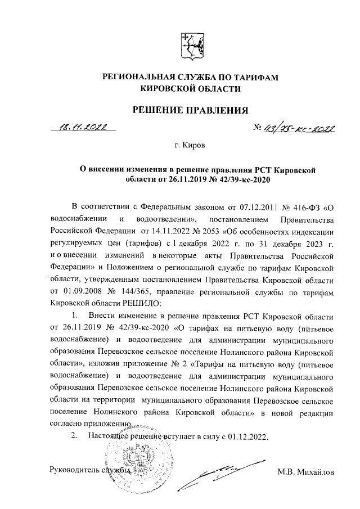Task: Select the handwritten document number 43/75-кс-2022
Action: (297, 129)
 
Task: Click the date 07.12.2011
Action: (243, 203)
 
